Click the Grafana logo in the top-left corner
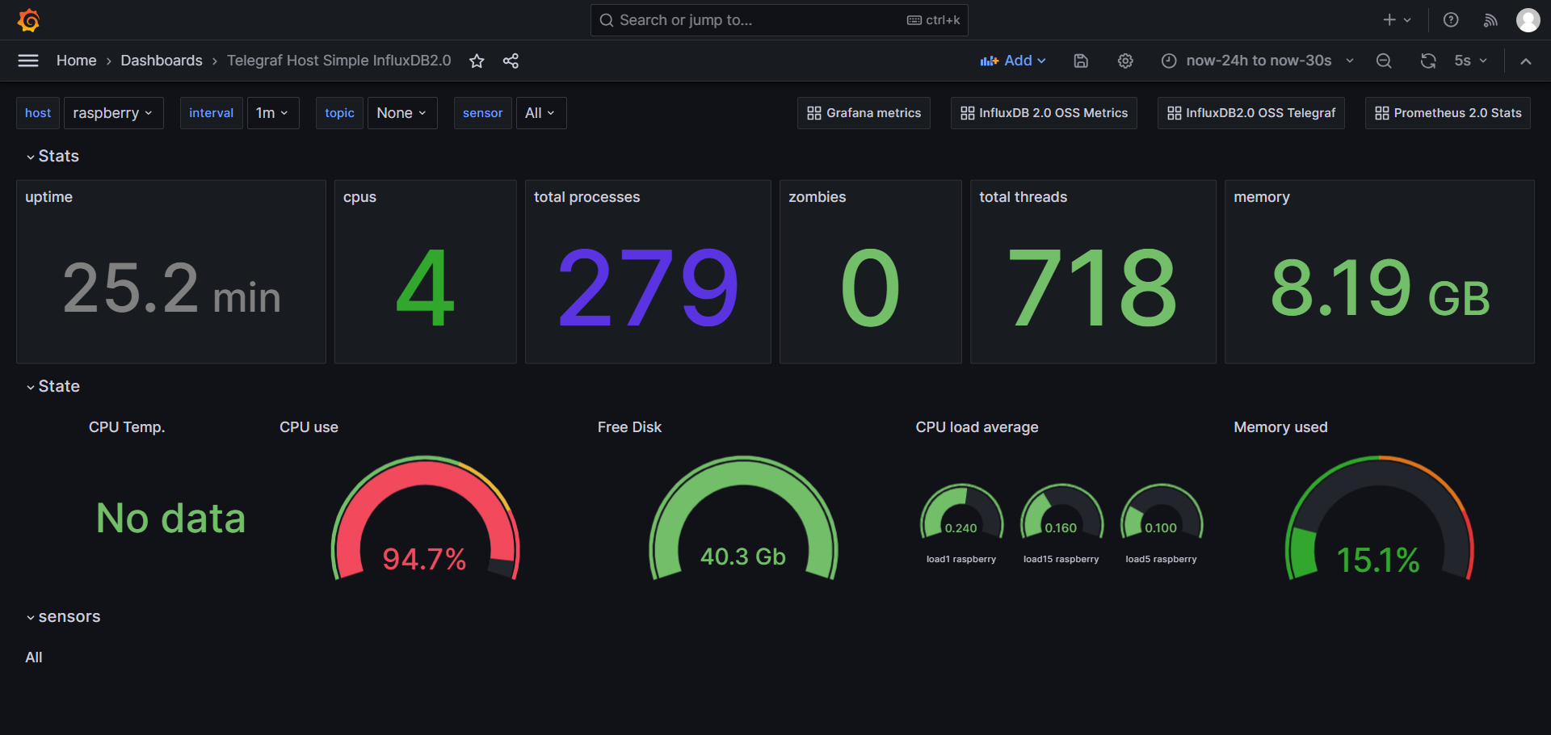pos(29,20)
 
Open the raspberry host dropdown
pos(113,113)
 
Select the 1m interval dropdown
pos(272,113)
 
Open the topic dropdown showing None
pos(401,113)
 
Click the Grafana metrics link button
pos(864,113)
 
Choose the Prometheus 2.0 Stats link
pos(1448,113)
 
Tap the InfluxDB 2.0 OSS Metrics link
pos(1044,113)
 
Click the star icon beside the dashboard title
pos(477,61)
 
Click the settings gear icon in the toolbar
pos(1125,61)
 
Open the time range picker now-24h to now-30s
pos(1258,61)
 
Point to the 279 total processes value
pos(648,288)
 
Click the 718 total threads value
pos(1092,288)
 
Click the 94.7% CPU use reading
pos(424,559)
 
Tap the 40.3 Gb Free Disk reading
pos(742,556)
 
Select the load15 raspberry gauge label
pos(1061,559)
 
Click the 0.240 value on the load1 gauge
pos(960,528)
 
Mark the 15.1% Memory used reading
pos(1378,560)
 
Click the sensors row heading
pos(69,617)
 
